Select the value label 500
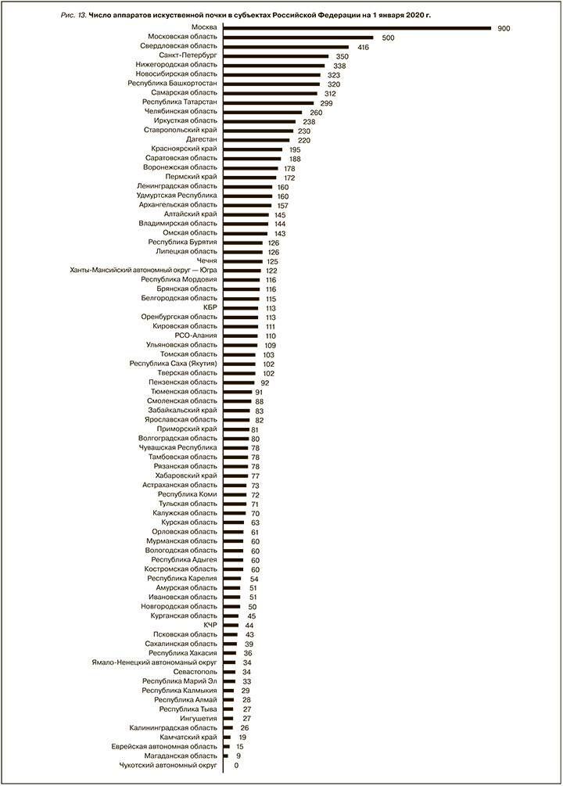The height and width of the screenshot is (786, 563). pyautogui.click(x=388, y=38)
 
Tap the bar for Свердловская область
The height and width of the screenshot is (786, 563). pyautogui.click(x=285, y=47)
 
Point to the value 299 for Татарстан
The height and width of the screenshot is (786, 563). pyautogui.click(x=326, y=102)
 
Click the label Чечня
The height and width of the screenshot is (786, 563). pyautogui.click(x=207, y=260)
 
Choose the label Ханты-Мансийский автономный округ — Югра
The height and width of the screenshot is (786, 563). pyautogui.click(x=143, y=270)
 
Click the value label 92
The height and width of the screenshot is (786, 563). pyautogui.click(x=265, y=382)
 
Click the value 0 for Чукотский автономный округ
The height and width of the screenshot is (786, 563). pyautogui.click(x=236, y=765)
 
